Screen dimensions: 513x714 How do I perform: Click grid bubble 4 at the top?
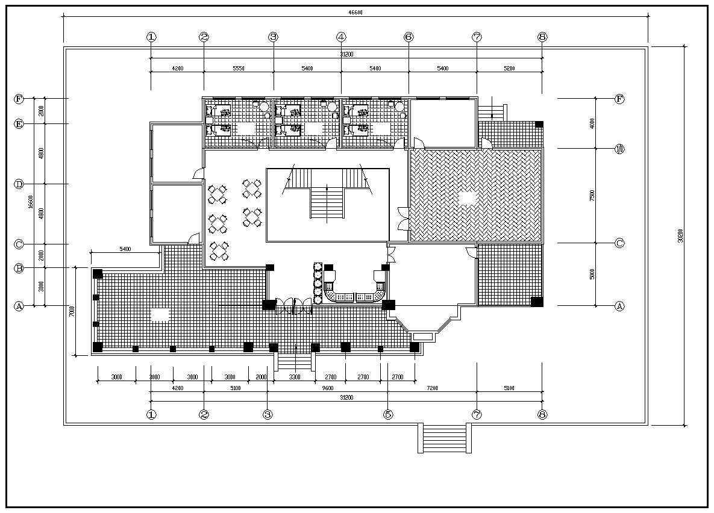tap(341, 37)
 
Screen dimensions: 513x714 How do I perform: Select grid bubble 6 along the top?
tap(409, 37)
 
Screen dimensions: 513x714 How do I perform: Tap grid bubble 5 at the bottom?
tap(388, 414)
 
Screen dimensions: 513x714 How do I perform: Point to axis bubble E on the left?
tap(19, 124)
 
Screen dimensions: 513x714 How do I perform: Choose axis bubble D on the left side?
tap(19, 184)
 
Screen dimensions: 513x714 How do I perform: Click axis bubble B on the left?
tap(19, 269)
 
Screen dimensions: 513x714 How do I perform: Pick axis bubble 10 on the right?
tap(619, 149)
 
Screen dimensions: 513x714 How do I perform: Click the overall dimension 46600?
tap(355, 13)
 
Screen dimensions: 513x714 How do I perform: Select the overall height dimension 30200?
tap(680, 235)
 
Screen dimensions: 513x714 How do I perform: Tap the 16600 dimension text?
tap(30, 202)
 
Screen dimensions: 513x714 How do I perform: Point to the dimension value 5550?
tap(239, 69)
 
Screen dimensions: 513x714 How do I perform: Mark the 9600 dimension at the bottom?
tap(327, 388)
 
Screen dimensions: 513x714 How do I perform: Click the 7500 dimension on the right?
tap(592, 196)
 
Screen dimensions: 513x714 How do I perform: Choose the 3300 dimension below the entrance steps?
tap(295, 377)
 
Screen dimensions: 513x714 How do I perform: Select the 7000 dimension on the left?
tap(71, 311)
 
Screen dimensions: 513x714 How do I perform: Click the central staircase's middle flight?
tap(327, 203)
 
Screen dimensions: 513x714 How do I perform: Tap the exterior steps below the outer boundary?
tap(445, 438)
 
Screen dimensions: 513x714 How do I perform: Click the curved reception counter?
tap(355, 295)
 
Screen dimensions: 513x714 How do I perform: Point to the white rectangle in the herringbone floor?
tap(468, 197)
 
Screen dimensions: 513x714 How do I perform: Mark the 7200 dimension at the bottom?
tap(432, 388)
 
